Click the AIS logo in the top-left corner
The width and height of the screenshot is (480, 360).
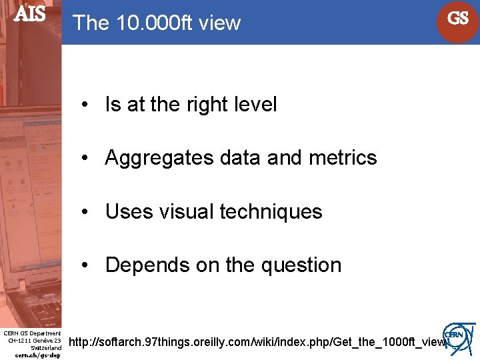30,14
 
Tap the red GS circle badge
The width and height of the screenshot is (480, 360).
458,19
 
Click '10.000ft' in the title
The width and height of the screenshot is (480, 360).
147,23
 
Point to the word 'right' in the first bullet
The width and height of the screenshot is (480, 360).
207,105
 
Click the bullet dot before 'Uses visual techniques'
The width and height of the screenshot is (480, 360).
85,213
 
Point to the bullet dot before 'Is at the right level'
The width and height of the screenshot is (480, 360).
85,105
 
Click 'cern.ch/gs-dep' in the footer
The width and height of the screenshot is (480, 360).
37,355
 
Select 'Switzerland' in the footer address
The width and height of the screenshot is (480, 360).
46,348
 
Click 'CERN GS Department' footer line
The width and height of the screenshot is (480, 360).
32,333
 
